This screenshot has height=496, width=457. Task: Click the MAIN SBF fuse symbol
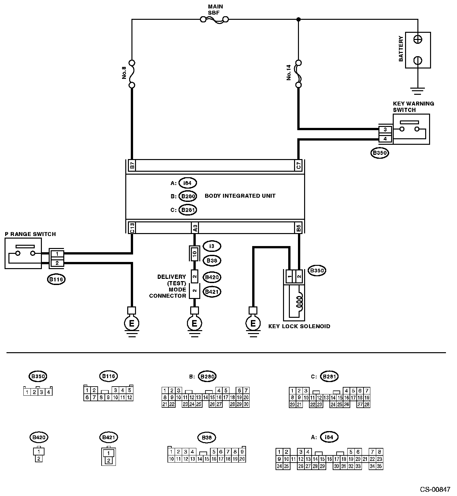[x=215, y=20]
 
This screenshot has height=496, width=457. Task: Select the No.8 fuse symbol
[x=132, y=74]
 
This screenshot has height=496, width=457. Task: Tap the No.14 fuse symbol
[x=298, y=74]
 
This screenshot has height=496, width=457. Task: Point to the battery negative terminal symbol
[x=418, y=60]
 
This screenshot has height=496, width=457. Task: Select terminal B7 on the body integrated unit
[x=132, y=165]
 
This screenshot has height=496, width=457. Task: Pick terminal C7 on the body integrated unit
[x=299, y=165]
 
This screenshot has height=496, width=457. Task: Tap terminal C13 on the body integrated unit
[x=132, y=228]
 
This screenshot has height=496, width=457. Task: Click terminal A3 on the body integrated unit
[x=195, y=228]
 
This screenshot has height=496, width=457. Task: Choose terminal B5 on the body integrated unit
[x=299, y=228]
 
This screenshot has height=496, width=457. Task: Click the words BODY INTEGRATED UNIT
[x=240, y=196]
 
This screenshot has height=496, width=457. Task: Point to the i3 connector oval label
[x=212, y=246]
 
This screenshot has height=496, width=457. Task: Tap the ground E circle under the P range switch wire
[x=132, y=323]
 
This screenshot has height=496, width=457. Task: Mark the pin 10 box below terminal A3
[x=194, y=254]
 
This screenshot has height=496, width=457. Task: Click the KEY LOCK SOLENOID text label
[x=299, y=326]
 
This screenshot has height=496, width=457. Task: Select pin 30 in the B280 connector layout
[x=246, y=404]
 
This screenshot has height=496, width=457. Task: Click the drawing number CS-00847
[x=435, y=489]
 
